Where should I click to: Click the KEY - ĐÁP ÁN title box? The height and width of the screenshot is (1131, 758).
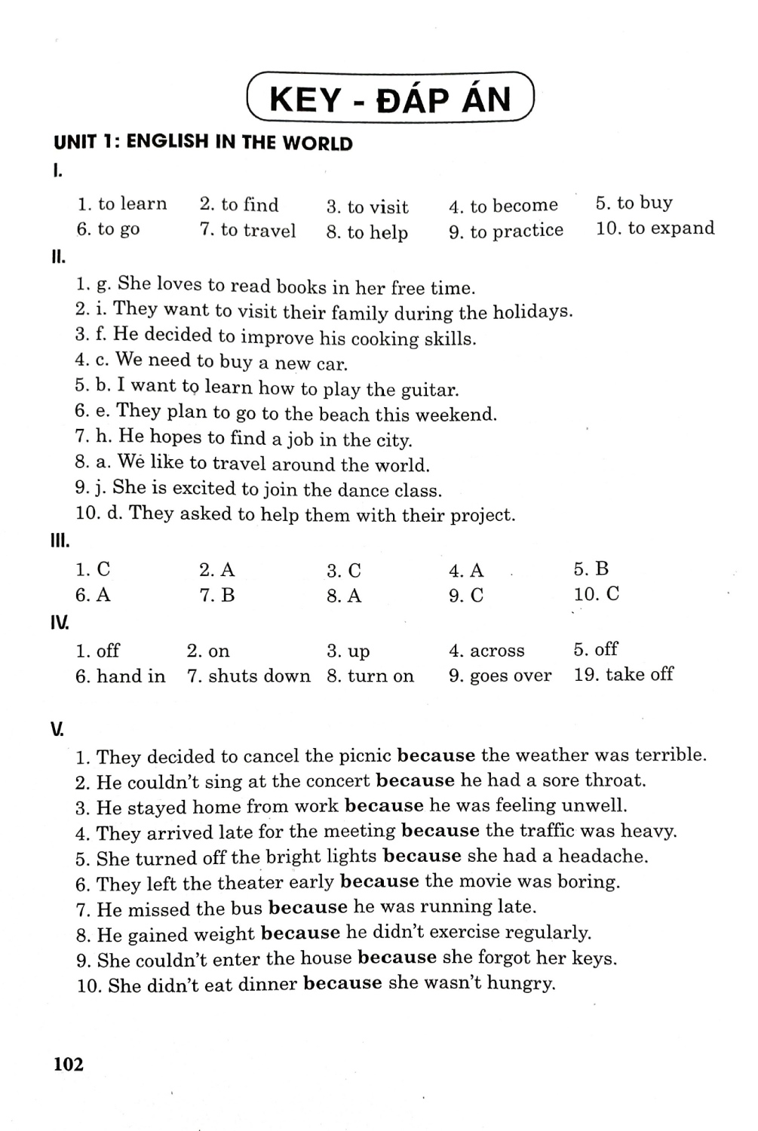click(390, 98)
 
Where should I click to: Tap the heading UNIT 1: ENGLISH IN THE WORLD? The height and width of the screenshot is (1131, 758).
click(203, 143)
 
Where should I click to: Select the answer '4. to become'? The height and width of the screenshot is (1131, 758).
click(503, 205)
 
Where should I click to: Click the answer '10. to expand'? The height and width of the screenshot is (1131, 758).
click(655, 228)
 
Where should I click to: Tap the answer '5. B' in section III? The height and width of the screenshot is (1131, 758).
click(591, 569)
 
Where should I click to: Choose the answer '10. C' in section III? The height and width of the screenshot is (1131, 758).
click(596, 594)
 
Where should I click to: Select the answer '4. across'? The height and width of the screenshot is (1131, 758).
click(486, 651)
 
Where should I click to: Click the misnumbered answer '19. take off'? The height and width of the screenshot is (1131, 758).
click(623, 675)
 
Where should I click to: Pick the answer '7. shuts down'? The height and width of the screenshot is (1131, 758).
click(248, 676)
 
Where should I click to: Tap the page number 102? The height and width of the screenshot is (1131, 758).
click(69, 1064)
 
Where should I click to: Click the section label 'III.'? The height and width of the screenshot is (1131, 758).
click(60, 541)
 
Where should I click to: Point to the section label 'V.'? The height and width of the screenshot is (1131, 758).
click(57, 729)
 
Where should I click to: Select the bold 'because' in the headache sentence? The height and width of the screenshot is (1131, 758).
click(422, 857)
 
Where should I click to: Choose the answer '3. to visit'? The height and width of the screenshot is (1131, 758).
click(367, 207)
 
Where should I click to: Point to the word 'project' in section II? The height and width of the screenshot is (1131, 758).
click(481, 516)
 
